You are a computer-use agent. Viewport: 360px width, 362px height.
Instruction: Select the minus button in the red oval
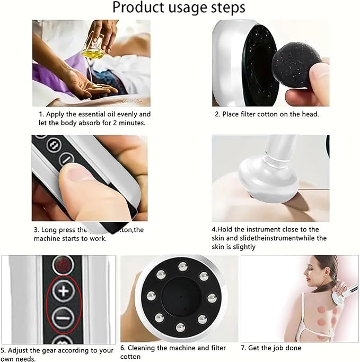click(63, 319)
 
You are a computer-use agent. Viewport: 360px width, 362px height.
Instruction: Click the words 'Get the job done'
click(278, 348)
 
